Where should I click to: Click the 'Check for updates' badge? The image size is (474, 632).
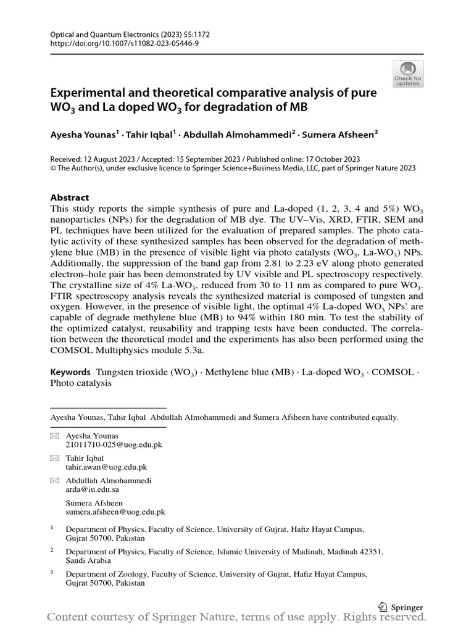pos(408,73)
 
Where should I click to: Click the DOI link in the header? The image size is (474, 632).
pos(125,44)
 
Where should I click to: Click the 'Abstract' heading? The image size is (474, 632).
pos(70,197)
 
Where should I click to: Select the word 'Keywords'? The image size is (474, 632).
pos(70,372)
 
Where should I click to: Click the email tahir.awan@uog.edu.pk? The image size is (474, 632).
pos(106,467)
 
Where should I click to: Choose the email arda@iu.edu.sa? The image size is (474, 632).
pos(92,489)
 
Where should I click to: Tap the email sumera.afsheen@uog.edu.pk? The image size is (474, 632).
pos(115,512)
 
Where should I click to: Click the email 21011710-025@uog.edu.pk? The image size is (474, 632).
pos(114,444)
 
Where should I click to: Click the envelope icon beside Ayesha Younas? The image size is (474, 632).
pos(54,436)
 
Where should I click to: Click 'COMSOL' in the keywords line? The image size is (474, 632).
pos(393,372)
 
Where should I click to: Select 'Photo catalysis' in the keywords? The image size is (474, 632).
pos(81,383)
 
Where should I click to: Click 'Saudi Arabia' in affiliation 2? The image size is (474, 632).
pos(88,560)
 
